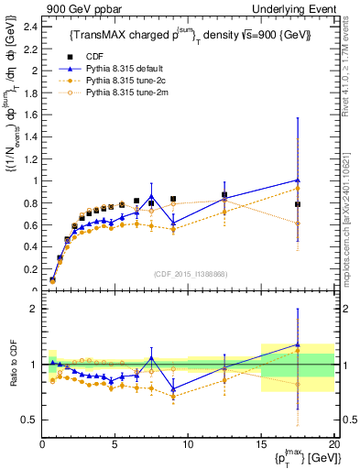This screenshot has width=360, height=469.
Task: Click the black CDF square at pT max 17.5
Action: tap(298, 203)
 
